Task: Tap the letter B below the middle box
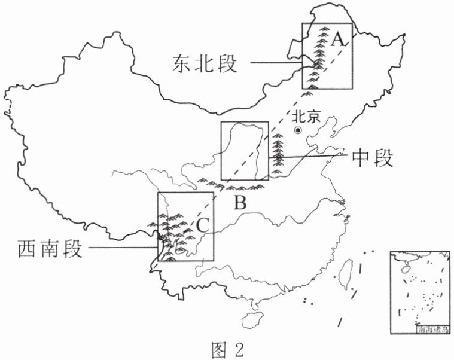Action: (240, 202)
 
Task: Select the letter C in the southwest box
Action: (203, 225)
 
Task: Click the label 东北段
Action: (205, 63)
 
